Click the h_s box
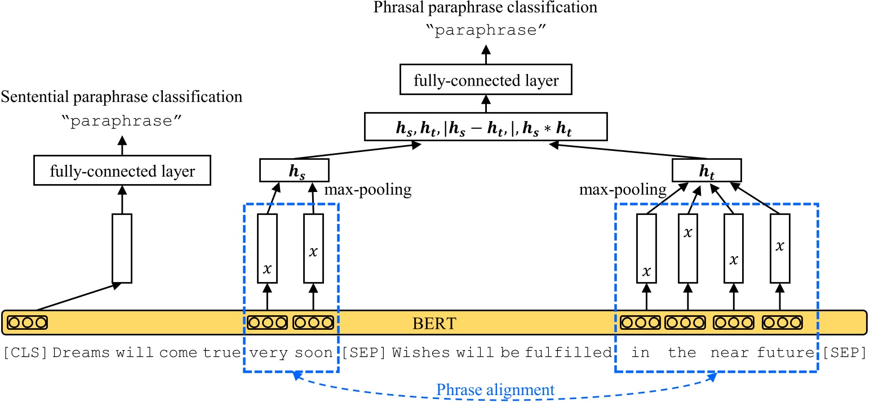(293, 170)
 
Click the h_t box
(707, 170)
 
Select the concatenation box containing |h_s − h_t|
(486, 127)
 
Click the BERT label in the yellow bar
(433, 324)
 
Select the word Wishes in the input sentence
(421, 353)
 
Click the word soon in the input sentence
(314, 353)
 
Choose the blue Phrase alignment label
(496, 389)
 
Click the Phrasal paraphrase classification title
(486, 8)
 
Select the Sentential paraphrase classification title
(121, 97)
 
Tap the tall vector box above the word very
(267, 248)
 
